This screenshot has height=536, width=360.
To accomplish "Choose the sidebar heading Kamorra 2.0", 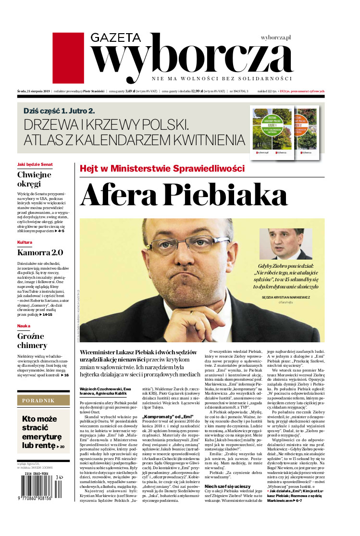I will [40, 252].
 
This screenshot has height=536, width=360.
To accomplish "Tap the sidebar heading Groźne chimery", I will [33, 340].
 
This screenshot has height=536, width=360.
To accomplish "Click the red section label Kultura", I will [25, 242].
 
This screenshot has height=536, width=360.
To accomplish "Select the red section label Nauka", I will [24, 325].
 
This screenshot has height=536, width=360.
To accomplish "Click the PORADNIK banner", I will [43, 400].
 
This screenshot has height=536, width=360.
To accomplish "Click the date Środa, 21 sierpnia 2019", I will [34, 90].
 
